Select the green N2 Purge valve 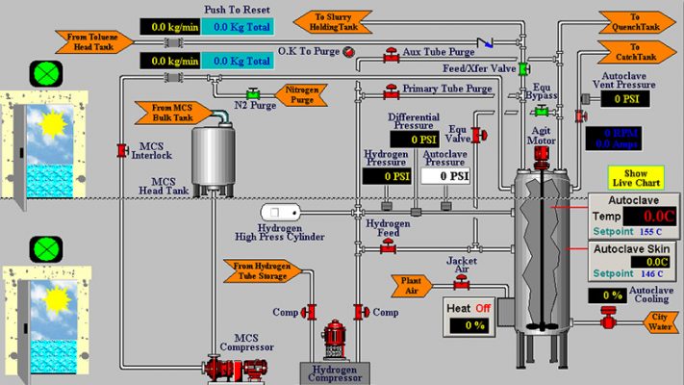pos(254,93)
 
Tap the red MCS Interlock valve pos(122,149)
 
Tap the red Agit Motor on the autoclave pos(542,151)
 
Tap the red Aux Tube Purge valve pos(392,53)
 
